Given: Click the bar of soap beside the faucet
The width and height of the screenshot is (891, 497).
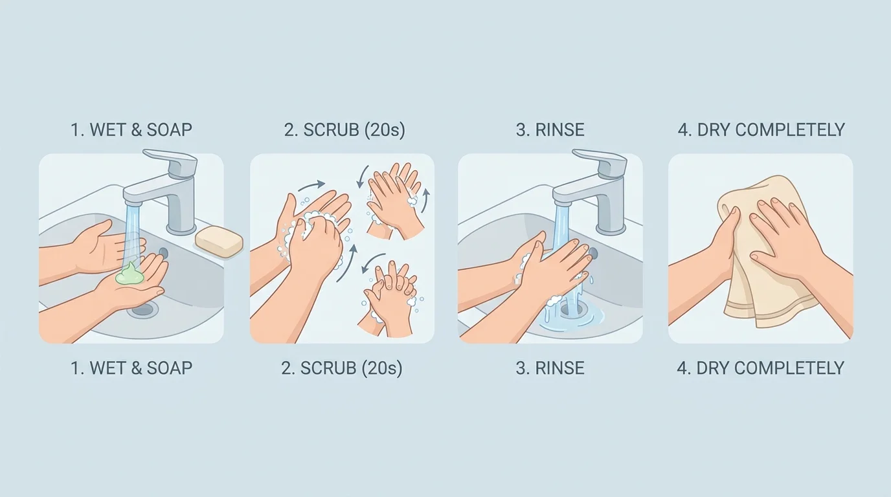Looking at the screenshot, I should click(219, 242).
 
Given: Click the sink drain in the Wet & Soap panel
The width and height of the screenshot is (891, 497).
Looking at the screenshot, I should click(142, 309).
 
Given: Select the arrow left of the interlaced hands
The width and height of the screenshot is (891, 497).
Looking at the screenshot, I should click(370, 265).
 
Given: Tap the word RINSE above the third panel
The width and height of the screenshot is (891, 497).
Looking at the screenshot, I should click(559, 129).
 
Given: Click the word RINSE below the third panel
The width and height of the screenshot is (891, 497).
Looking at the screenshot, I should click(559, 368).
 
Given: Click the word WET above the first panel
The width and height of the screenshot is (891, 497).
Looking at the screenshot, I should click(108, 129).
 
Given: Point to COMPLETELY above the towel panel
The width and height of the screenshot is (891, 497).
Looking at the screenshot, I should click(790, 129).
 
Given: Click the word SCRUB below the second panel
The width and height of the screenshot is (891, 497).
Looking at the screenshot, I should click(328, 368).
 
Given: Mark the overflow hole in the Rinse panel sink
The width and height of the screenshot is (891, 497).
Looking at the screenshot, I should click(592, 252).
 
